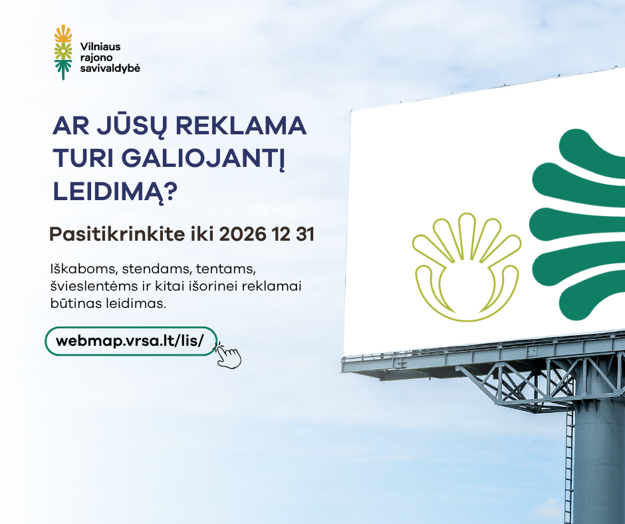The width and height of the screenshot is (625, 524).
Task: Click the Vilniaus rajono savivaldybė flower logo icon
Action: [x=63, y=53]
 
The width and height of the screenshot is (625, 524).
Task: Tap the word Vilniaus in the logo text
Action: [x=100, y=47]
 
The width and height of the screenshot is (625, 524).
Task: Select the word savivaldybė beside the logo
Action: [x=110, y=68]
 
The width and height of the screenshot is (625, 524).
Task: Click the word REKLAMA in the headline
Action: [x=241, y=126]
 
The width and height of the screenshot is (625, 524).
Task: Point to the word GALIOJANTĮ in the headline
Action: [x=203, y=159]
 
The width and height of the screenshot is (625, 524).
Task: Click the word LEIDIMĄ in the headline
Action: [x=108, y=192]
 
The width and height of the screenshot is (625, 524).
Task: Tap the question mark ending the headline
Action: [x=170, y=192]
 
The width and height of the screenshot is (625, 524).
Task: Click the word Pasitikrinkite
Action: [x=112, y=234]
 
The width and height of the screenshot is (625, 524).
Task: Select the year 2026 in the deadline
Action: [x=242, y=234]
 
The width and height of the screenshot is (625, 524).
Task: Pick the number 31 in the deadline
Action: [x=305, y=234]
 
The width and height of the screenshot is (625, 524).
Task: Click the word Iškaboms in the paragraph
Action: [x=84, y=269]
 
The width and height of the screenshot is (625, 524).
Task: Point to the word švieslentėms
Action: [x=94, y=287]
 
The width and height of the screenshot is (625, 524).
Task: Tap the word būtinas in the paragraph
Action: [x=76, y=303]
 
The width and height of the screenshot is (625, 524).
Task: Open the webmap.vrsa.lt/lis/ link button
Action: [x=131, y=341]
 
